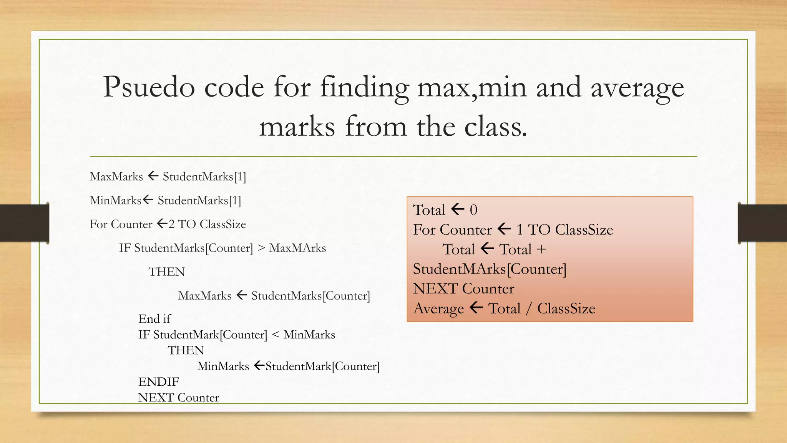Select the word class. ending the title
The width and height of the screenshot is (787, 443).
pos(496,127)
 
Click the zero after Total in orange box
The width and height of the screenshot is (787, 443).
pos(473,210)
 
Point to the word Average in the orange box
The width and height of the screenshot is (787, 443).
pos(438,308)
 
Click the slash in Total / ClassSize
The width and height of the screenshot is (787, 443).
pos(529,308)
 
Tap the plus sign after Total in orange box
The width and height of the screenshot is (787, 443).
pos(541,250)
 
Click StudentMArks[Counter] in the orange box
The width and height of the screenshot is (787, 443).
pos(490,269)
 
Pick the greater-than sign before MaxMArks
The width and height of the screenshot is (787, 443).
pos(261,248)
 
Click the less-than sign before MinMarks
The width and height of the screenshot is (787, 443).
pos(275,335)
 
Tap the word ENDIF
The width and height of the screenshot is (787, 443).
pos(158,382)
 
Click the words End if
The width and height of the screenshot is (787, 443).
pos(154,319)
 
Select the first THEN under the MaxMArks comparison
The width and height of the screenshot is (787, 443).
pos(166,272)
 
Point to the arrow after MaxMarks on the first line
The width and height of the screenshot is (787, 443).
pos(153,176)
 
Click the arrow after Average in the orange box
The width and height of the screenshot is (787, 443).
pos(476,308)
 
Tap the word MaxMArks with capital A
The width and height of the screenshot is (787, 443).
pos(297,248)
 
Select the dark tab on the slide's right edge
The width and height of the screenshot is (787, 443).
pos(762,223)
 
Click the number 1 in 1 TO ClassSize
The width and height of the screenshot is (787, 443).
pos(520,230)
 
